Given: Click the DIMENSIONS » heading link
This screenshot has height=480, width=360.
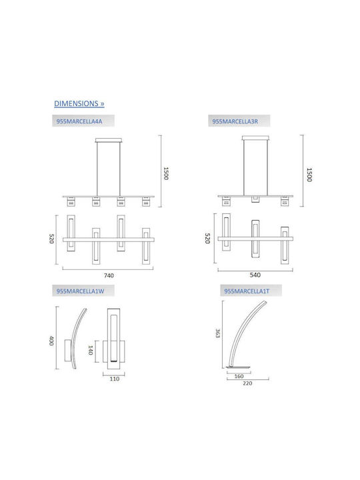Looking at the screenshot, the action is point(79,103).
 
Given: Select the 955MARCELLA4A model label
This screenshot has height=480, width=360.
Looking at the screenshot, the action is point(79,121).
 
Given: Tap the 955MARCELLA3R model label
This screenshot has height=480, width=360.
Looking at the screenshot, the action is point(235,121).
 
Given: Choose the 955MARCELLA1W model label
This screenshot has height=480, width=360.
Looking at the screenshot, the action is point(80,291).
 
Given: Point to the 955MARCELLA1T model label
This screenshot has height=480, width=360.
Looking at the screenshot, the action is point(247,291).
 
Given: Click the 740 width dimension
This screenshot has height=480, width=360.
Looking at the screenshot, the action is point(109,275).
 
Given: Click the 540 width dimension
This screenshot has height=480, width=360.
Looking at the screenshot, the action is point(255,275).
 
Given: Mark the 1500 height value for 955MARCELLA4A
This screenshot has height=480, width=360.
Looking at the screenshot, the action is point(166,173).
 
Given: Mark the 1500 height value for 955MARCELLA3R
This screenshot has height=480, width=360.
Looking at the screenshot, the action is point(309,175).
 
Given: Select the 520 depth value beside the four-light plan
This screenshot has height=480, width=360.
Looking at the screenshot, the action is point(51,239).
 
